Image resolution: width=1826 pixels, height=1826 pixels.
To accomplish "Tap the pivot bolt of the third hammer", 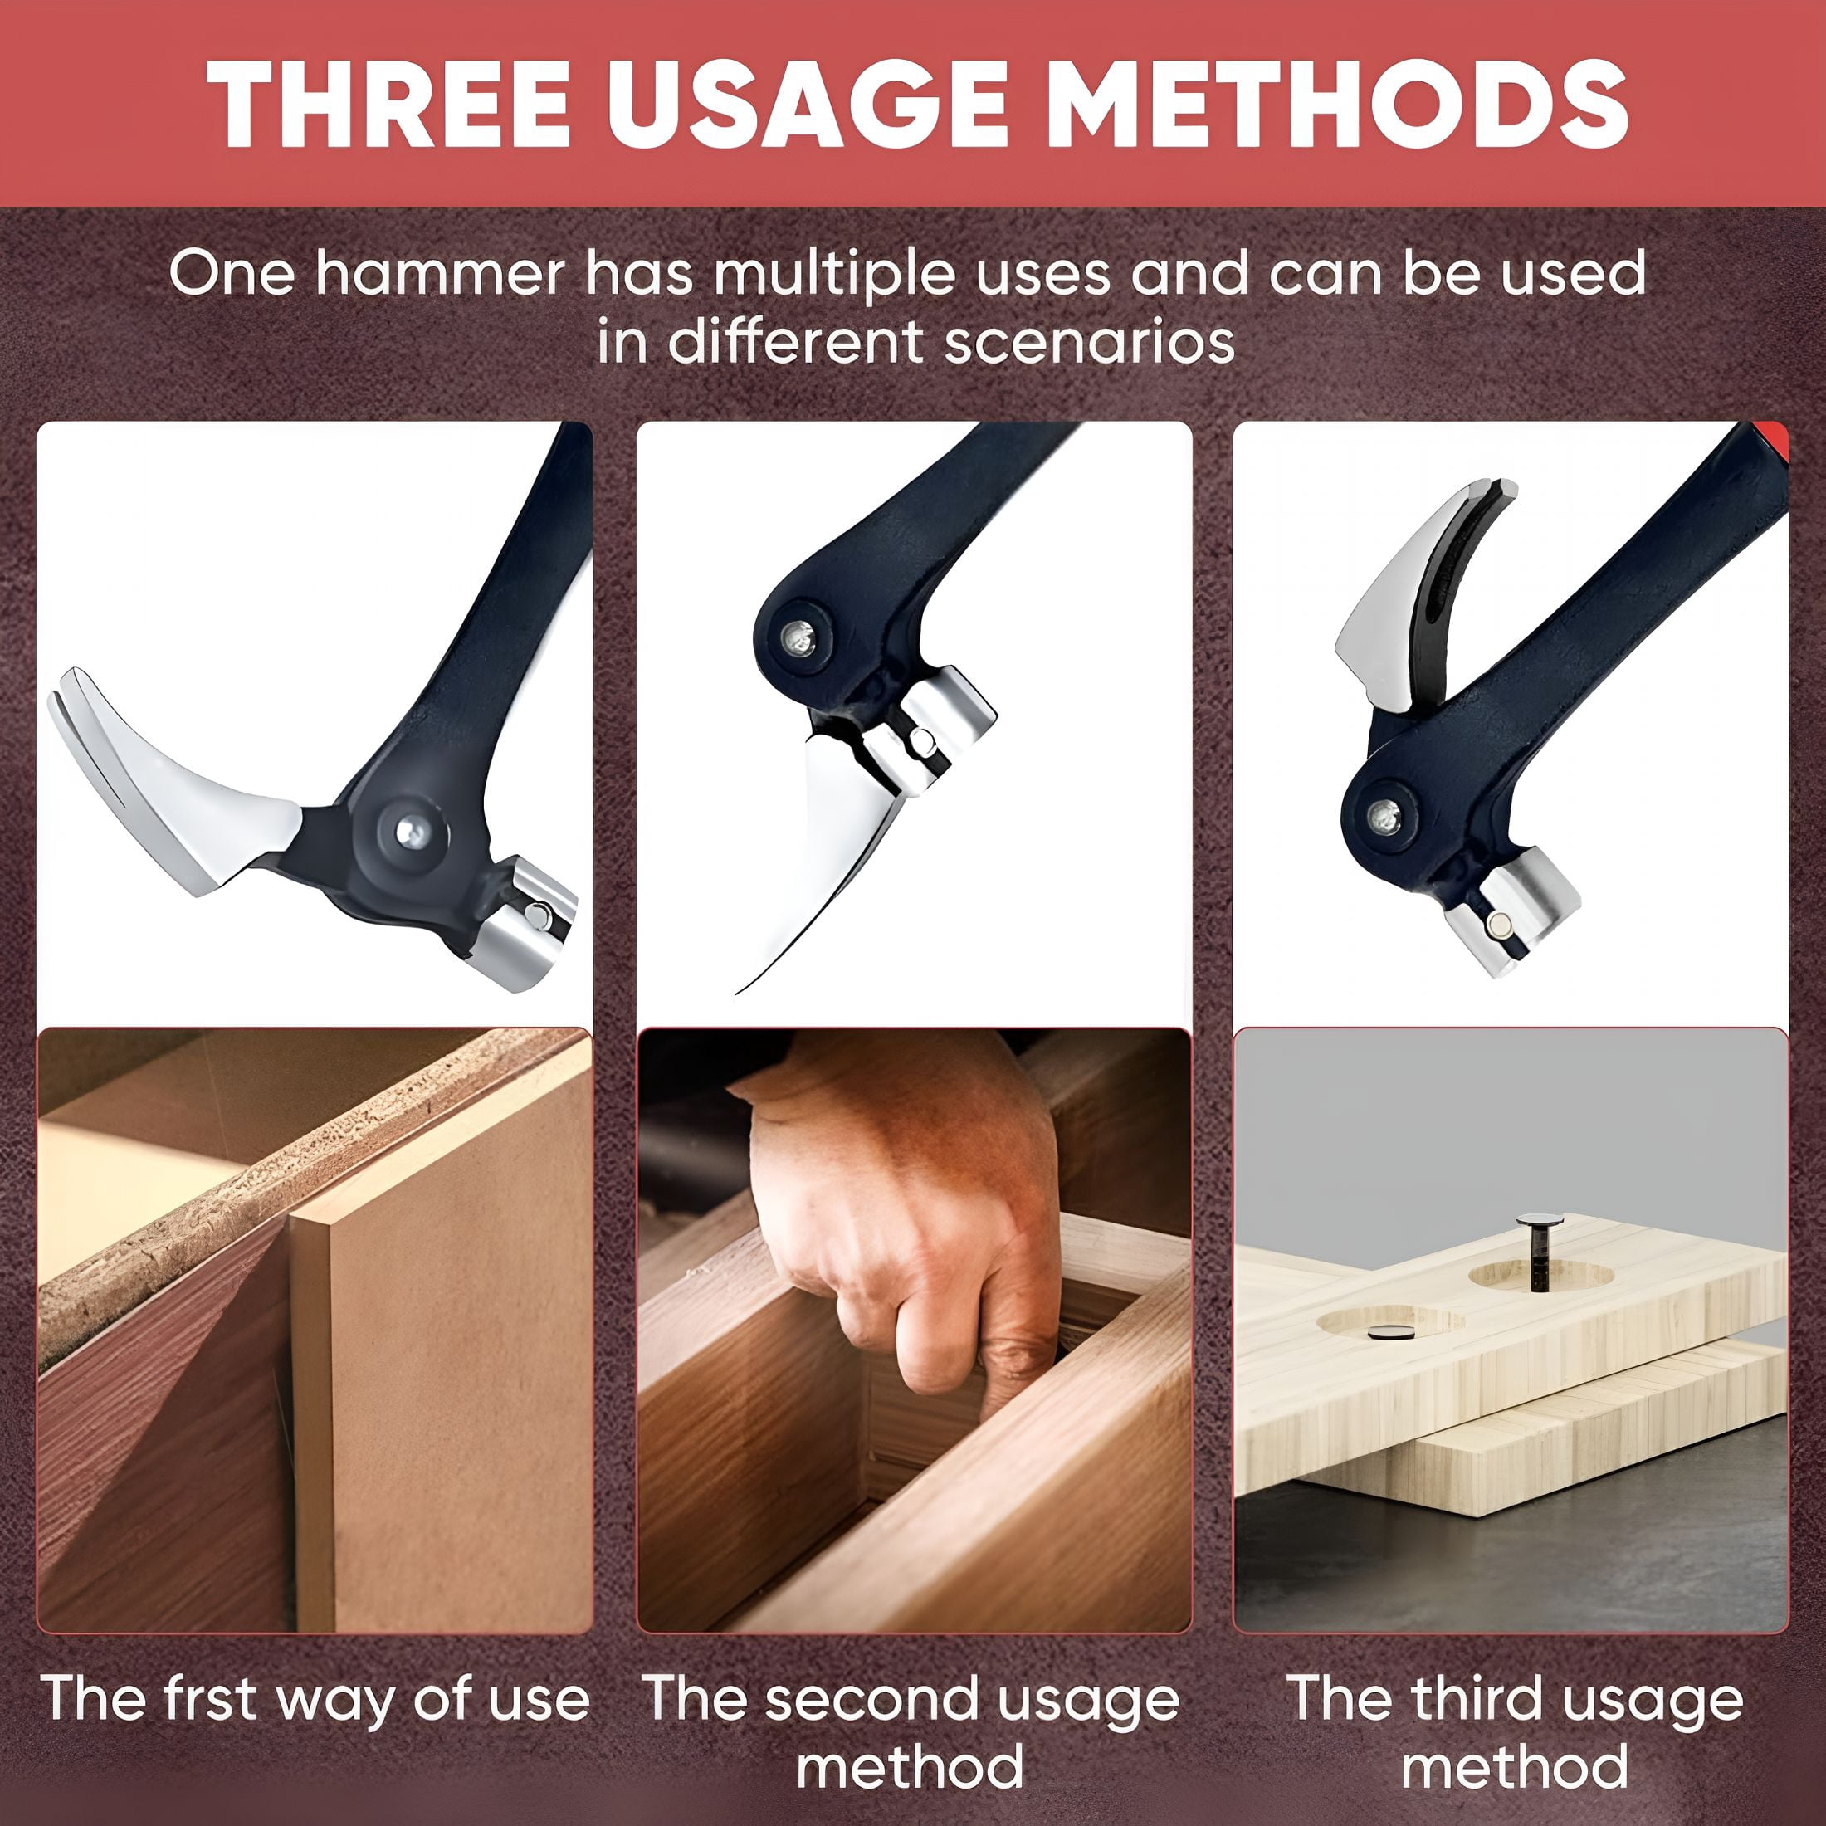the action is click(x=1384, y=815).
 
